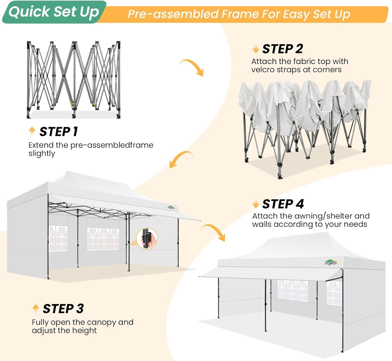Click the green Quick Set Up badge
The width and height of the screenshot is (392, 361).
[54, 12]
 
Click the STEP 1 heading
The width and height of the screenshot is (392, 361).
[59, 131]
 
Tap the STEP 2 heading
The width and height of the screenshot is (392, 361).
[283, 49]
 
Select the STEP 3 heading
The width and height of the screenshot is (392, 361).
[63, 309]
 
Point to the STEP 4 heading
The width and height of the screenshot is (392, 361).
[283, 204]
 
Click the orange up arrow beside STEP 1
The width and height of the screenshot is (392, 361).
[32, 131]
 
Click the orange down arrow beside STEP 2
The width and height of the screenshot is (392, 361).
[256, 49]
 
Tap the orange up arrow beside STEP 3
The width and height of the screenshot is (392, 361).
[36, 308]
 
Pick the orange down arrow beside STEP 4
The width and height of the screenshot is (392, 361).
[256, 204]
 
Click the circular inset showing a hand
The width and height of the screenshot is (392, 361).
[147, 238]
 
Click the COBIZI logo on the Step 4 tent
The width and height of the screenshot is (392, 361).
[331, 263]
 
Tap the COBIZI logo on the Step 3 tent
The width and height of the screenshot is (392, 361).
[171, 208]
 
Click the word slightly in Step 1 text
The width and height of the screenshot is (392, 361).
[42, 153]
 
